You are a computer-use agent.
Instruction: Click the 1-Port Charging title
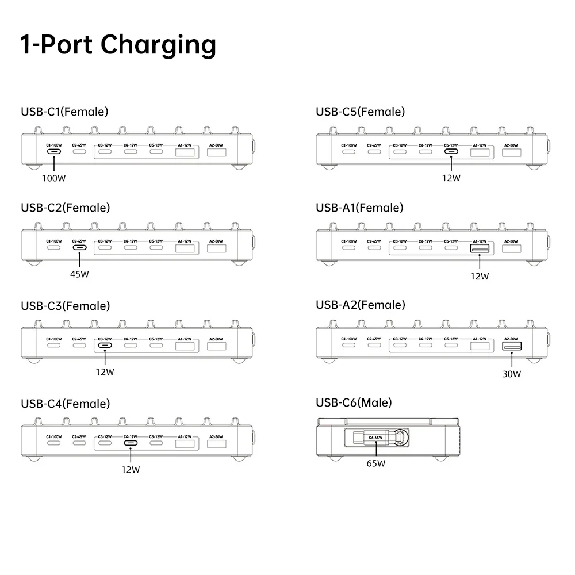118,45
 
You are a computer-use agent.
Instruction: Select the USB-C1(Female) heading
64,112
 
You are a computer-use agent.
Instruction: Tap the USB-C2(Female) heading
65,208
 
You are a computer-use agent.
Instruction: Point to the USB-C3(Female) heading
65,305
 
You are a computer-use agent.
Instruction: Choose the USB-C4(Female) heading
65,403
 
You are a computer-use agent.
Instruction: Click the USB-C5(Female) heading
360,112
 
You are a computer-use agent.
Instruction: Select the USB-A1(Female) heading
359,208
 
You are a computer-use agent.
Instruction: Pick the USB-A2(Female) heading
360,304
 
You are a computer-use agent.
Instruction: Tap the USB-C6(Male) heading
354,402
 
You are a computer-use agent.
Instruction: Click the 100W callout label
53,178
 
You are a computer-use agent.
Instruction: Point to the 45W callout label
79,274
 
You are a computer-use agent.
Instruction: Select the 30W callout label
511,374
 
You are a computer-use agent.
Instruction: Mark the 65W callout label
376,463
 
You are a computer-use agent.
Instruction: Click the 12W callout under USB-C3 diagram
105,372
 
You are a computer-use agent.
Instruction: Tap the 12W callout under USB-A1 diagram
479,276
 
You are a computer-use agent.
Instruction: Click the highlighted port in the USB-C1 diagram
53,152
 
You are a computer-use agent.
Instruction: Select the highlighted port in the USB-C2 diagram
79,248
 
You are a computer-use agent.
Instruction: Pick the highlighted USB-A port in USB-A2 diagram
511,346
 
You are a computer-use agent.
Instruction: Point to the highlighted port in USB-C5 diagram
451,152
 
